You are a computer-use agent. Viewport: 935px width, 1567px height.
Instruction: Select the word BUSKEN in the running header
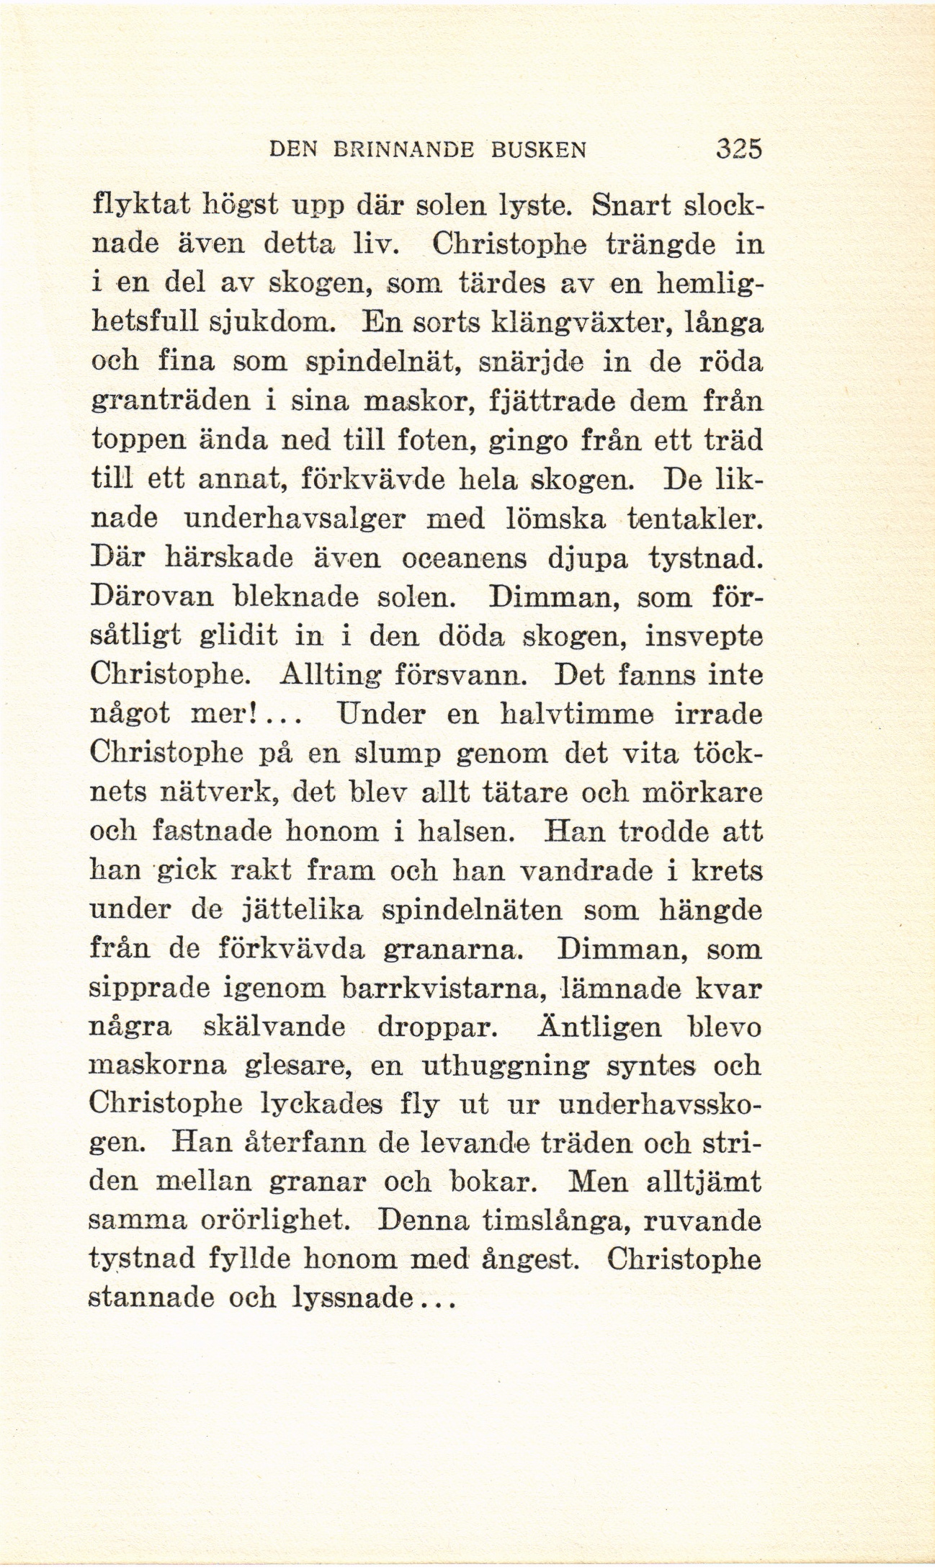539,150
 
